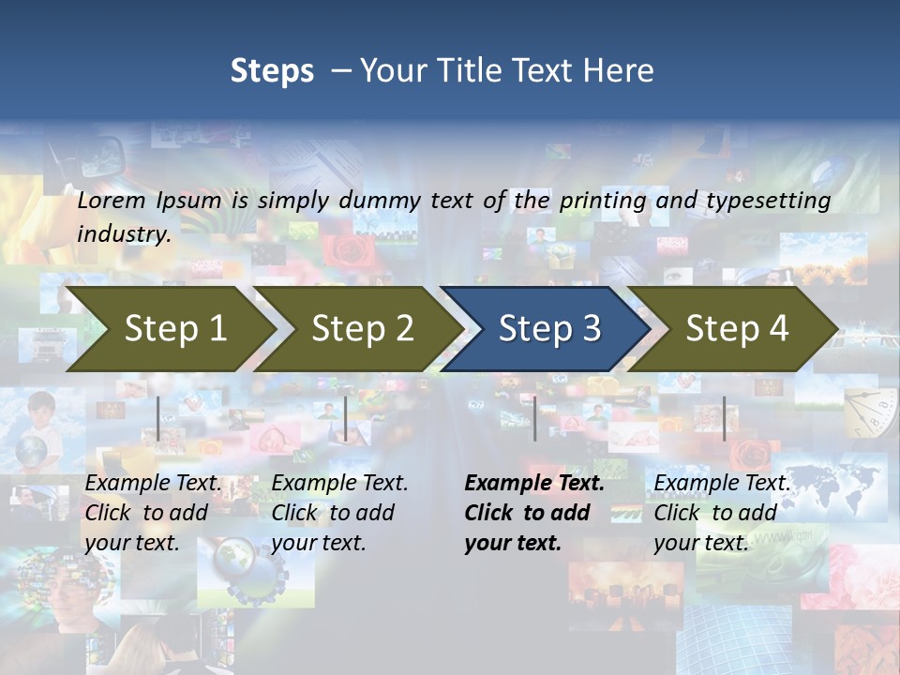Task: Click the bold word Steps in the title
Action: pos(272,70)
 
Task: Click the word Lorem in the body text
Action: pos(111,201)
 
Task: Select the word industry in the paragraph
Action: pos(123,233)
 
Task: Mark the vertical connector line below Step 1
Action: pos(158,418)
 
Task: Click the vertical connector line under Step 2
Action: pos(346,418)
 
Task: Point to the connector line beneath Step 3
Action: pos(534,418)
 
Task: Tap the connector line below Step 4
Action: pos(724,418)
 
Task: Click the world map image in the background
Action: pos(834,487)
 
